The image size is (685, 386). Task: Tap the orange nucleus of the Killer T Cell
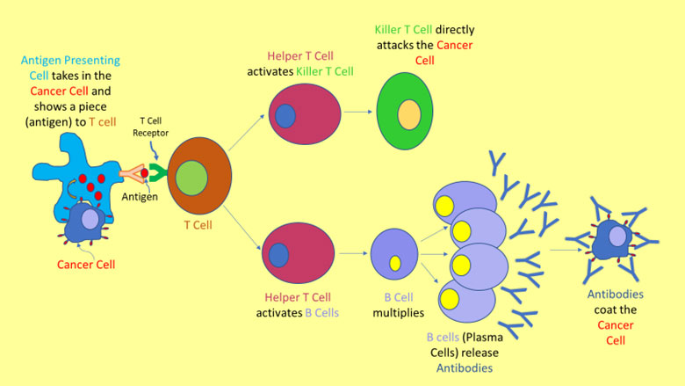[x=408, y=115]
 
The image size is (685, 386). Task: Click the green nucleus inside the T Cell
[x=191, y=178]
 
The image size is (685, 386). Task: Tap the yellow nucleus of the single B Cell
[x=395, y=263]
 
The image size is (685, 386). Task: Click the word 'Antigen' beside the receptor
[x=141, y=197]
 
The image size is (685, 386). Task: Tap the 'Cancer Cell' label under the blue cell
[x=86, y=264]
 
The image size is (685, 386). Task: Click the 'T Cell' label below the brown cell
[x=198, y=225]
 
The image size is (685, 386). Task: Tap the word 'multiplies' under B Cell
[x=398, y=312]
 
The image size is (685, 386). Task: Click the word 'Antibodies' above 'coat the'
[x=616, y=295]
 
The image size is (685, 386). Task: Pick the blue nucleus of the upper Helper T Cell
[x=285, y=115]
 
